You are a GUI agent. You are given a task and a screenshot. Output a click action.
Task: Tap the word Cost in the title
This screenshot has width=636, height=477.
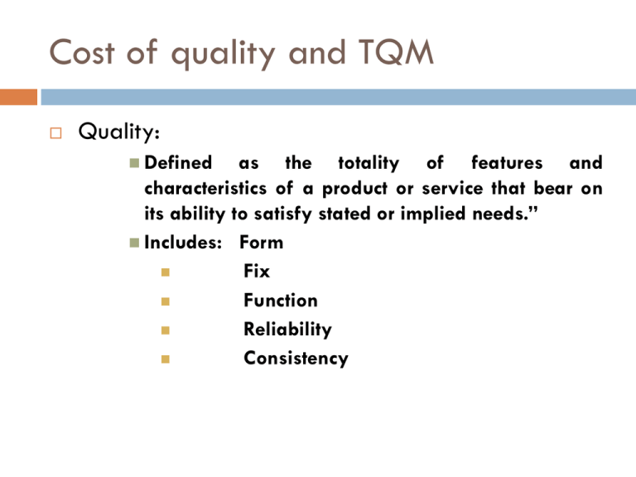tap(81, 52)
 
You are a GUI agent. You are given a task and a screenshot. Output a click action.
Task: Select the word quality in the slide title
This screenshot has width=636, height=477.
tap(223, 54)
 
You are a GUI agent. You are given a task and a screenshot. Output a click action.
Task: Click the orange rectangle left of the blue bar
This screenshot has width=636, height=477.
tap(19, 98)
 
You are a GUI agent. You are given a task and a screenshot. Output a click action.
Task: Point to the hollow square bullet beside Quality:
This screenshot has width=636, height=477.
tap(56, 133)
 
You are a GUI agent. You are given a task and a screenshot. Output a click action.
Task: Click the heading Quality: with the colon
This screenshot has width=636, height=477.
tap(119, 132)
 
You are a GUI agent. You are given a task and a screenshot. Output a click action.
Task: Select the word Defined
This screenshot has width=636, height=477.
tap(178, 162)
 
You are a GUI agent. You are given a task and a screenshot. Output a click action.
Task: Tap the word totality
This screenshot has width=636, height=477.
tap(369, 163)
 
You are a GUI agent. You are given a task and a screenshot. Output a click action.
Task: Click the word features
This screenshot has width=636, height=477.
tap(507, 162)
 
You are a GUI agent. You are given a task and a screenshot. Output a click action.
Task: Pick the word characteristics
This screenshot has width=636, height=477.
tap(205, 188)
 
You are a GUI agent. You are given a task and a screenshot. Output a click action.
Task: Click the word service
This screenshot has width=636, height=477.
tap(452, 189)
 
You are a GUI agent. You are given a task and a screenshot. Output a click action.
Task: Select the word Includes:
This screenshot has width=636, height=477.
tap(183, 242)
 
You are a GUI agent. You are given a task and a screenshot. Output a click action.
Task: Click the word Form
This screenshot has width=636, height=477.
tap(261, 243)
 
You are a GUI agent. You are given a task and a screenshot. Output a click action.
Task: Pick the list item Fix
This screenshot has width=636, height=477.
tap(257, 271)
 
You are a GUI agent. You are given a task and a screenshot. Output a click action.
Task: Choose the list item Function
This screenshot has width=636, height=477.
tap(281, 300)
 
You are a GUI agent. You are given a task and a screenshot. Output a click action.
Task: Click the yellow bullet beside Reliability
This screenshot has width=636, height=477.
tap(165, 330)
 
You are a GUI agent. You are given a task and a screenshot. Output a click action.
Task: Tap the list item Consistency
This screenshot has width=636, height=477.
tap(296, 358)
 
